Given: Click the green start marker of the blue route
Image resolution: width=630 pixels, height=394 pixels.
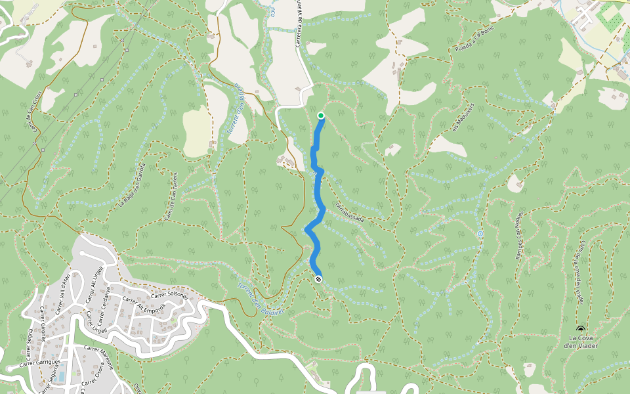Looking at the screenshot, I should click(321, 116).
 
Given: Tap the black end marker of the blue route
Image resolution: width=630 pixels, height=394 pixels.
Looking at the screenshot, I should click(318, 279).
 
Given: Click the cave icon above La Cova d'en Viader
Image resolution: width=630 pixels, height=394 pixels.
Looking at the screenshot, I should click(580, 329).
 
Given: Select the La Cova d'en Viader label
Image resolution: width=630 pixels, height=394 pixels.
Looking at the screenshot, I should click(581, 343).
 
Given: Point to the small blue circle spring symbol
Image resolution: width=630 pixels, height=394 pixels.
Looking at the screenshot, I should click(480, 233).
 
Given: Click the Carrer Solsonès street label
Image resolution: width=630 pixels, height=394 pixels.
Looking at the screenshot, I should click(169, 297).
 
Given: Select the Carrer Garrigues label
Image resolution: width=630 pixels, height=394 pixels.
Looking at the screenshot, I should click(39, 362).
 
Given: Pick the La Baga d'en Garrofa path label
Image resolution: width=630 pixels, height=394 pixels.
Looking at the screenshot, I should click(130, 186).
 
